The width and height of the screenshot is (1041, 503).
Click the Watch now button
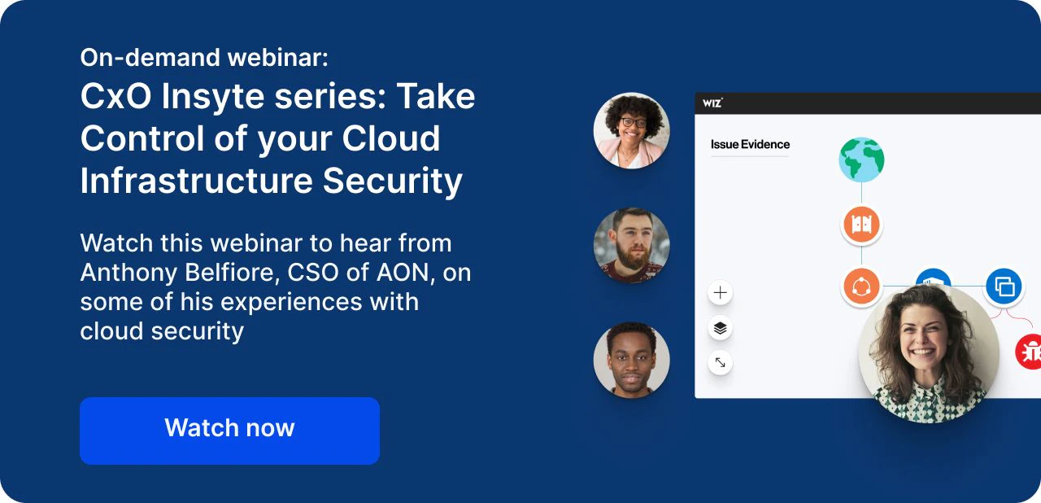tap(229, 431)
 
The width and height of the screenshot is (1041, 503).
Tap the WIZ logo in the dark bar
tap(712, 103)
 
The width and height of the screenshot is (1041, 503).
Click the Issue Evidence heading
tap(750, 145)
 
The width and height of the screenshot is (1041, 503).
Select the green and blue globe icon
tap(861, 160)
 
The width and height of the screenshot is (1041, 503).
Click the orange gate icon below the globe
tap(861, 225)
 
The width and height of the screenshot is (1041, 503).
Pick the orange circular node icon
tap(861, 286)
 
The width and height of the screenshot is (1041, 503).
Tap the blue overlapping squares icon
tap(1004, 286)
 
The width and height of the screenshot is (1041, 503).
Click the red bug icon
tap(1030, 352)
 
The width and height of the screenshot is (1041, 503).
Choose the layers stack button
tap(720, 328)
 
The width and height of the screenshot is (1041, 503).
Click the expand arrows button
tap(720, 363)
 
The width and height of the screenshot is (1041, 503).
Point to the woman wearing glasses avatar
tap(632, 130)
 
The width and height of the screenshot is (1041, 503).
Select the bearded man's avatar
tap(632, 246)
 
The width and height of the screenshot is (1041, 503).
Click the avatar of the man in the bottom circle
tap(632, 360)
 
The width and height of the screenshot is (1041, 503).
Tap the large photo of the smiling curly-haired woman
tap(929, 353)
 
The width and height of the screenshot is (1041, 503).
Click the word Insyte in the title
tap(213, 96)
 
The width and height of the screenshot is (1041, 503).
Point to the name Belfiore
tap(233, 272)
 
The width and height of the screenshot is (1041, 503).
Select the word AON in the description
tap(403, 273)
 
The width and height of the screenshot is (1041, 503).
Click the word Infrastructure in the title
tap(197, 181)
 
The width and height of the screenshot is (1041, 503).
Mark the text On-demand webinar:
tap(204, 58)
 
